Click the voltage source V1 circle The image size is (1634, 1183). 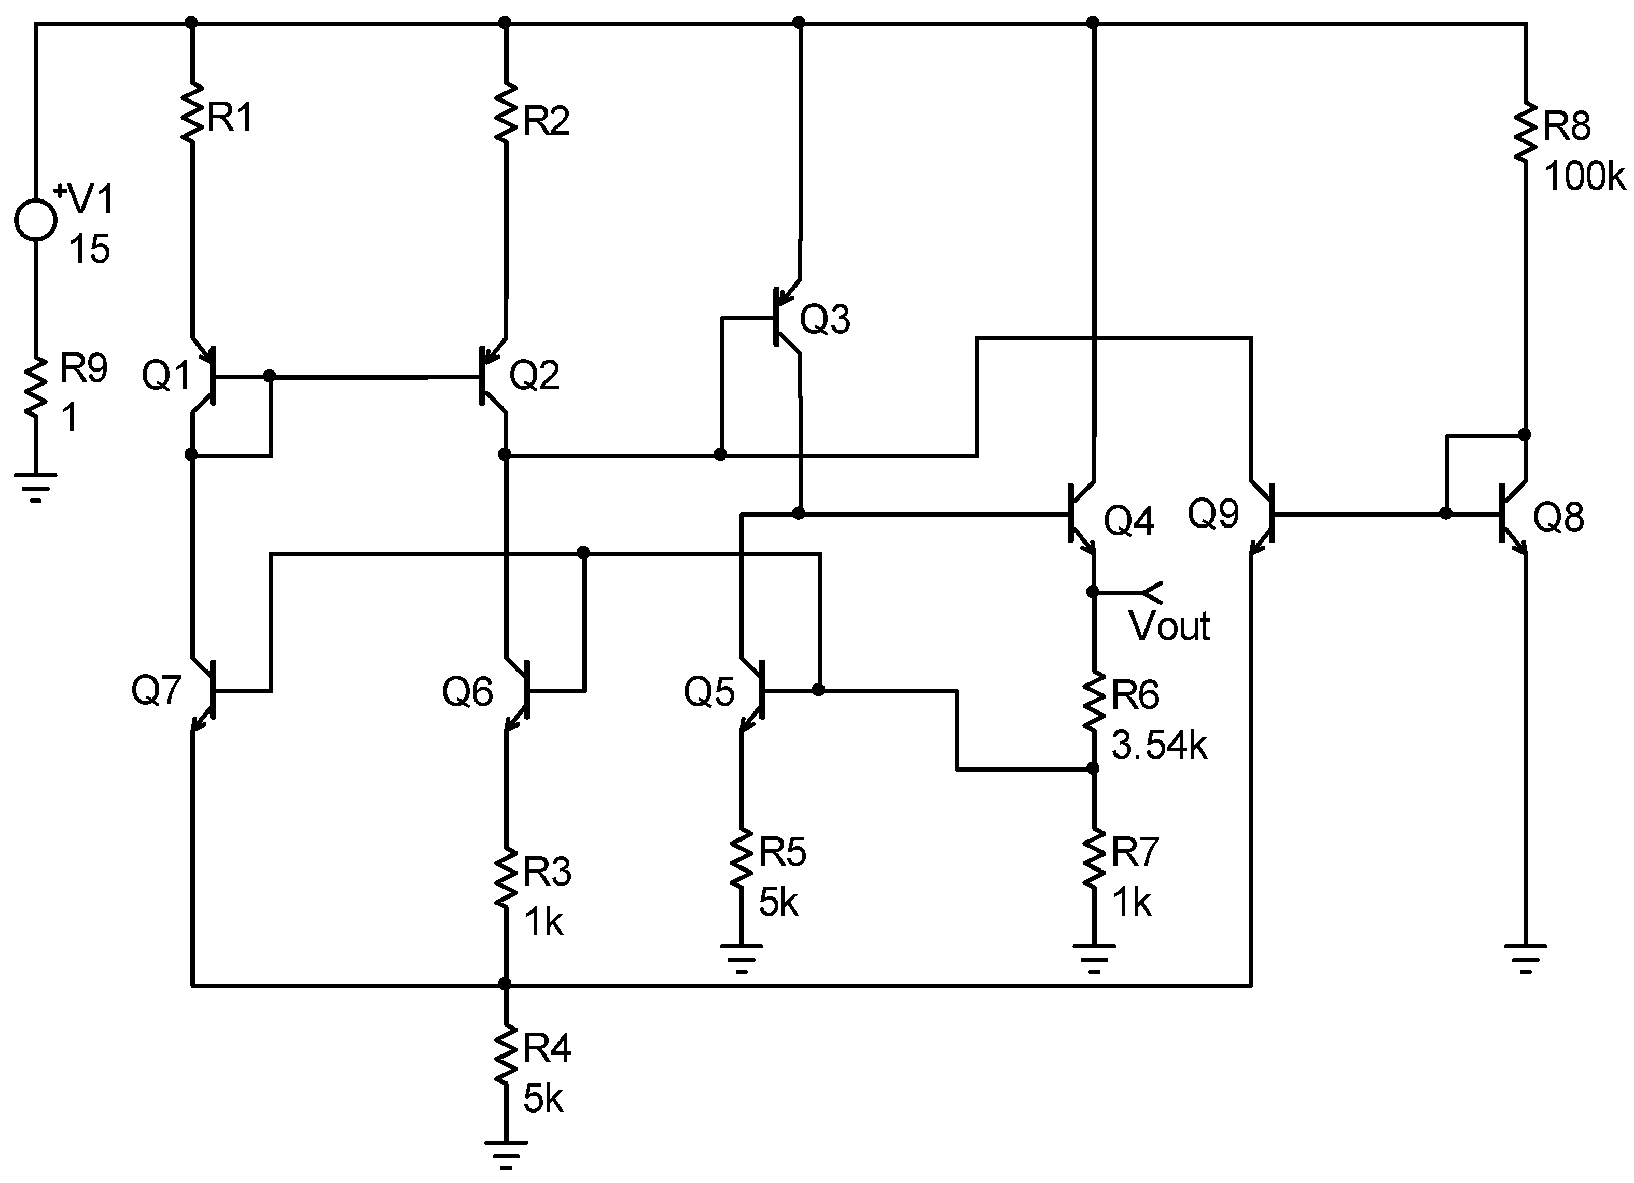35,220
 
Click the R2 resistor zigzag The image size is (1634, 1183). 506,112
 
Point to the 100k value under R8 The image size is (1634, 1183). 1584,176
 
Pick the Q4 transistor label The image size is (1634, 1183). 1129,520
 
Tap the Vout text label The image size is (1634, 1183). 1168,626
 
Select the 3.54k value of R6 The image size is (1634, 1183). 1159,745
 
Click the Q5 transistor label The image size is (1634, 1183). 708,692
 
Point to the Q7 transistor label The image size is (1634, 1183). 156,690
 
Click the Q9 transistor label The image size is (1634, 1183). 1212,514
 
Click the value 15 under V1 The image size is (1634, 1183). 89,250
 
